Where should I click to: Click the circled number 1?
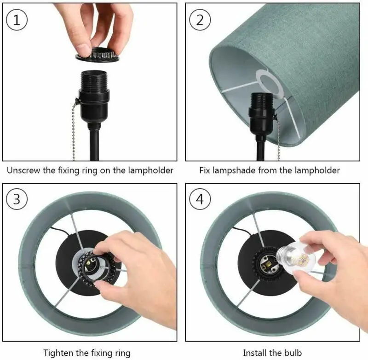[17, 19]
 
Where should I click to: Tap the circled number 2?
[200, 19]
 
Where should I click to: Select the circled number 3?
[17, 199]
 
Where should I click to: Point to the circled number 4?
[200, 199]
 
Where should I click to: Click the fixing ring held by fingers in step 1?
[98, 55]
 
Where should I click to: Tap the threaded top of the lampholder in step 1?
[94, 79]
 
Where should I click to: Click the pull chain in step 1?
[74, 129]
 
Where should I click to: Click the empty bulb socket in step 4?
[267, 264]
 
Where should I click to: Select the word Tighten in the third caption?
[58, 353]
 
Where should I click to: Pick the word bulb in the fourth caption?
[293, 353]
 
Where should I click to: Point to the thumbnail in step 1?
[83, 49]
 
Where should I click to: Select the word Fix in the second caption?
[205, 170]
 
